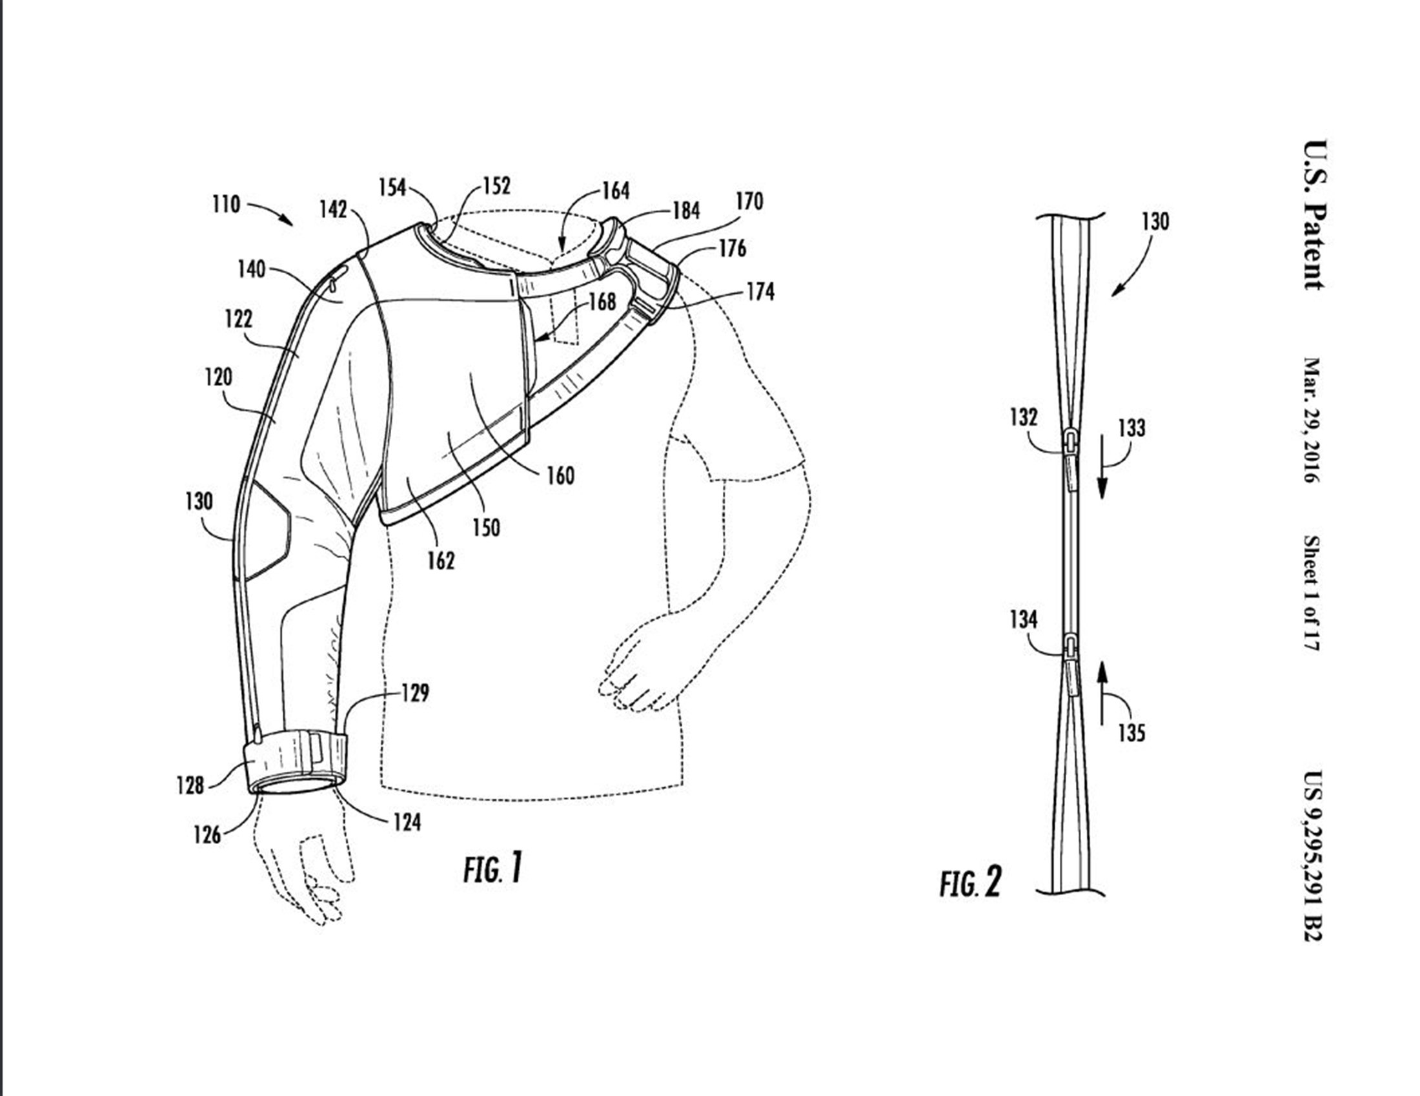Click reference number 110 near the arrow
227,205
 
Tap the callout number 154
392,188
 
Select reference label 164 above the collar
616,191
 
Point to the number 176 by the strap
732,249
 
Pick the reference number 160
560,476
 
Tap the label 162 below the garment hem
441,561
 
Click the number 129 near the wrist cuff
415,694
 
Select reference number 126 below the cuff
207,834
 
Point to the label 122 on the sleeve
239,319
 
